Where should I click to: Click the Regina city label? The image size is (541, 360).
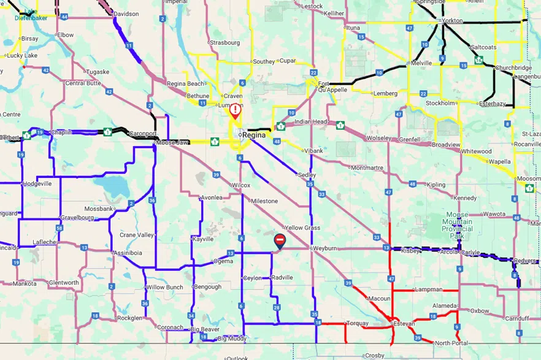tap(253, 134)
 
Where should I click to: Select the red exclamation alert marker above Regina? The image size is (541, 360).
tap(235, 111)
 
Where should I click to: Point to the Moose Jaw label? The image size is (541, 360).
tap(172, 143)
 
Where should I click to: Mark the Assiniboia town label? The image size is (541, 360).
tap(128, 253)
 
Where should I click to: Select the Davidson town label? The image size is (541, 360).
tap(127, 13)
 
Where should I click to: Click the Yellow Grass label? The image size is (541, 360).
tap(303, 228)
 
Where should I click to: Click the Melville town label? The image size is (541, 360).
tap(421, 63)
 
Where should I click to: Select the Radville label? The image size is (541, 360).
tap(282, 277)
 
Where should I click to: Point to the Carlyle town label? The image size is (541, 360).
tap(470, 252)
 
